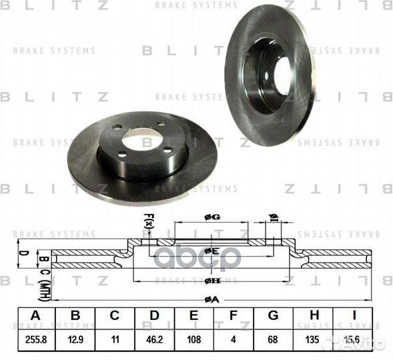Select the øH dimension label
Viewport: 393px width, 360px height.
pyautogui.click(x=212, y=281)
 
